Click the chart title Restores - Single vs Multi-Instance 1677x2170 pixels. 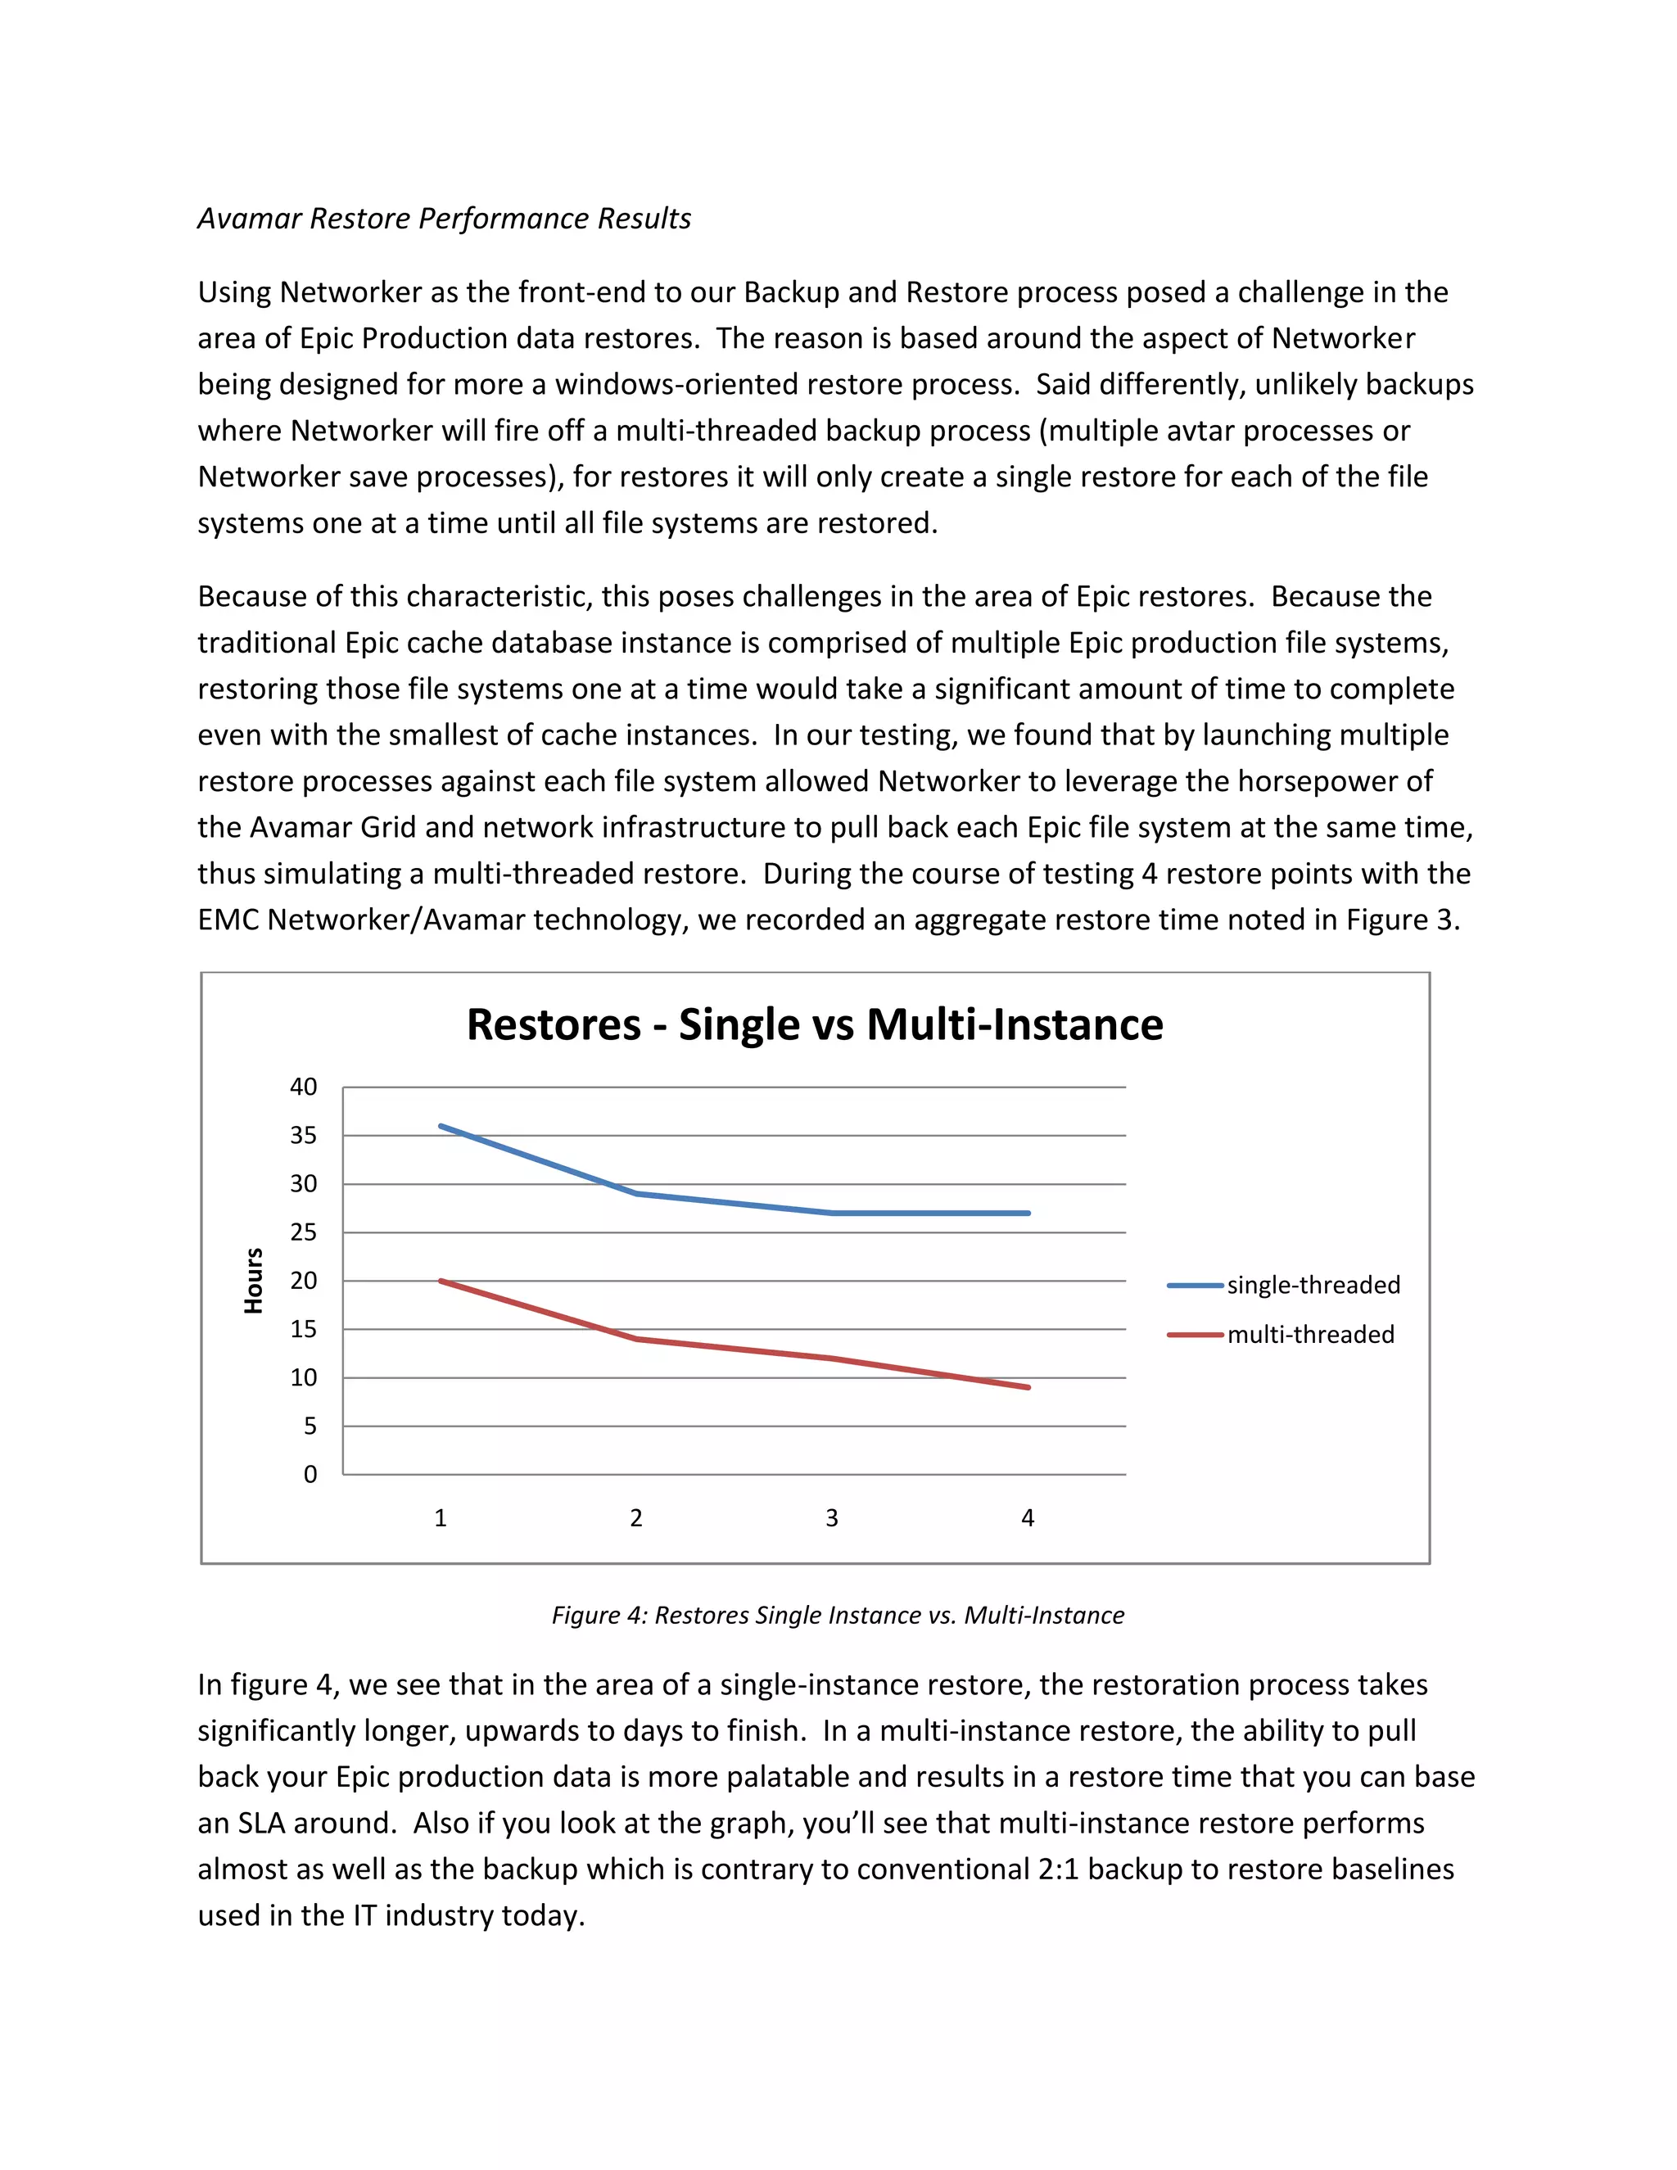[815, 1025]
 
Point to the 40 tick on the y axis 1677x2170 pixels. [304, 1087]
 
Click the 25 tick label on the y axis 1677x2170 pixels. [304, 1233]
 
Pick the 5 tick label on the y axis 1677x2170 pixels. [310, 1426]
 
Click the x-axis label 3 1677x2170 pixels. [832, 1518]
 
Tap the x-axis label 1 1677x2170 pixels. [440, 1518]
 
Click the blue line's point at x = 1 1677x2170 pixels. [440, 1126]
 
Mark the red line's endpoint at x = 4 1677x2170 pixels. [1028, 1387]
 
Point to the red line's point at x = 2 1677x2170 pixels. [635, 1340]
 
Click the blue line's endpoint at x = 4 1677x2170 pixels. [1028, 1214]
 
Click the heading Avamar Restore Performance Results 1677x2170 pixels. [444, 219]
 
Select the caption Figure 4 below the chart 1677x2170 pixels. [838, 1616]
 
